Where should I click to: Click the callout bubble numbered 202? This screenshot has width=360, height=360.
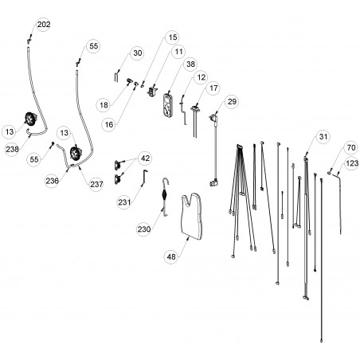[44, 25]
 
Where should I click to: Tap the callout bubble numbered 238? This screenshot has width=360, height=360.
[12, 149]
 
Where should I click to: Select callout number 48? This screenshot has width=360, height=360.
[171, 256]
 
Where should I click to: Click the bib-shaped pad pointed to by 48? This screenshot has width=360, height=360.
[192, 216]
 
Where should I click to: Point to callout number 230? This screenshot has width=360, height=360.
[144, 229]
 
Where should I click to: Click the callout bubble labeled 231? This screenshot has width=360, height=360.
[124, 202]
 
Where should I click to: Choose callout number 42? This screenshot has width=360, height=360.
[145, 158]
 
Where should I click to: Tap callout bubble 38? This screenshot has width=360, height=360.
[190, 65]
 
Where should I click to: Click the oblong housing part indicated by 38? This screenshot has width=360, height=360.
[168, 105]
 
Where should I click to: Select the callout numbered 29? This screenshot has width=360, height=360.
[232, 101]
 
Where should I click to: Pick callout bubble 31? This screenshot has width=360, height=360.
[323, 137]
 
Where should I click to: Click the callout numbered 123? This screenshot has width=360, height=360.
[352, 163]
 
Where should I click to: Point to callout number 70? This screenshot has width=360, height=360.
[351, 147]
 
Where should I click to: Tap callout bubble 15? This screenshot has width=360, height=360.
[173, 37]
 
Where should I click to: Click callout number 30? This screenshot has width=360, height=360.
[138, 53]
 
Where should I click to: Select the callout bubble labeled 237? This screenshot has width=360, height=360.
[96, 184]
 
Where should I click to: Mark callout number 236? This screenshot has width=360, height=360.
[52, 181]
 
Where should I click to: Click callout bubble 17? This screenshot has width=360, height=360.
[213, 88]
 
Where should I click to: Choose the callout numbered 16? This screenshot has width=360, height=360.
[109, 124]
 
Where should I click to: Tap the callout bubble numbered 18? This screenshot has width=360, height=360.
[104, 105]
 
